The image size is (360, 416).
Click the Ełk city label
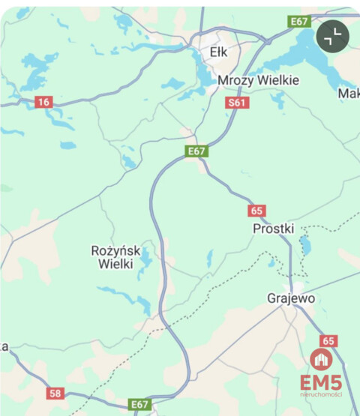coord(218,52)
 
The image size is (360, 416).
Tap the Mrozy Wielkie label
coord(258,80)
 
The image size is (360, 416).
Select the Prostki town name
coord(274,228)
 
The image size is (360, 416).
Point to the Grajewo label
coord(290,298)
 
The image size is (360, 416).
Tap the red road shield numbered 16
coord(43,102)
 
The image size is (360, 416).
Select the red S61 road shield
coord(236,102)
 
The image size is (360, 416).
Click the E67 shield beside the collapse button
coord(300,22)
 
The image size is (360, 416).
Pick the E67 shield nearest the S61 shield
coord(196,151)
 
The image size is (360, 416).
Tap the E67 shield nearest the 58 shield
coord(139,404)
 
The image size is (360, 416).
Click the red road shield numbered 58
coord(55,393)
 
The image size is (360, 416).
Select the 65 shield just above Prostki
coord(257,211)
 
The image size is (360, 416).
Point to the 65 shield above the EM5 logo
coord(328,340)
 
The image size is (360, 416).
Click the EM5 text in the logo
coord(321,382)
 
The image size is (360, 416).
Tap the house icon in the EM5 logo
coord(320,360)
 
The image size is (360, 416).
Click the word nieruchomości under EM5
coord(321,395)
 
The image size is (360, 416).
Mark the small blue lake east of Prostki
coord(304,245)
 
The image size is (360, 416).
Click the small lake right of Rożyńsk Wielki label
coord(145,259)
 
